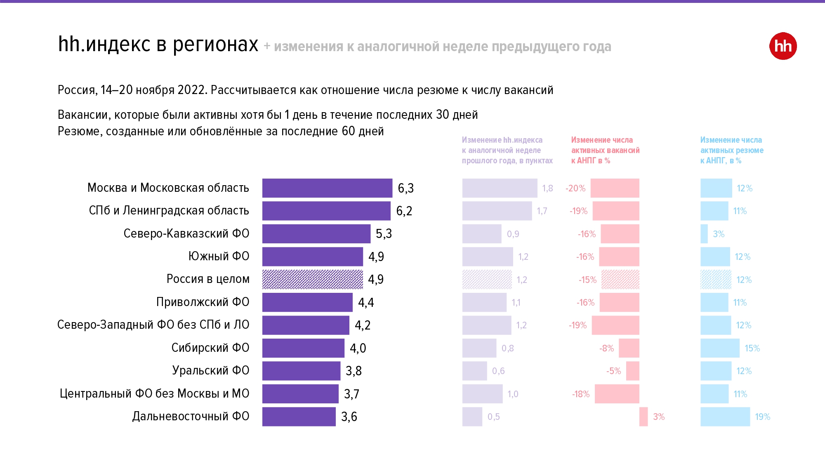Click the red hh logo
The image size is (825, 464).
coord(783,46)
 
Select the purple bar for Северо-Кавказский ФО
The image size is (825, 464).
coord(316,234)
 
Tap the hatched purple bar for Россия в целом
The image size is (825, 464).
coord(313,279)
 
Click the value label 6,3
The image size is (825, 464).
coord(405,188)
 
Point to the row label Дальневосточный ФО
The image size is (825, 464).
coord(191,416)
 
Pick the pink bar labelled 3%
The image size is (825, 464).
coord(643,417)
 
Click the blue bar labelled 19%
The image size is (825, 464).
coord(725,417)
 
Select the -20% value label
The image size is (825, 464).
coord(575,188)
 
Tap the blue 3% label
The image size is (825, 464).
coord(719,234)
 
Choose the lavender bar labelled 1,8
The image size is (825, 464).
coord(500,188)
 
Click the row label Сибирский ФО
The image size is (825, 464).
coord(210,348)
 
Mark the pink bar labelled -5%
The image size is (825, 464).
coord(633,371)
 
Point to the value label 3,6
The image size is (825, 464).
coord(349,417)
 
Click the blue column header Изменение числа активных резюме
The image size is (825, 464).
coord(732,151)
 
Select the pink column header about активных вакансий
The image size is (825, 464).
coord(605,151)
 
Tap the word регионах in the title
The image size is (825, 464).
coord(215,45)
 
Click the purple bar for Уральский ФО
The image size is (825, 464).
coord(302,371)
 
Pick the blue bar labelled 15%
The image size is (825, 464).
coord(720,348)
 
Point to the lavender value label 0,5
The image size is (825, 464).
coord(494,417)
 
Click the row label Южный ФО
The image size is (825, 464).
coord(219,256)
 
